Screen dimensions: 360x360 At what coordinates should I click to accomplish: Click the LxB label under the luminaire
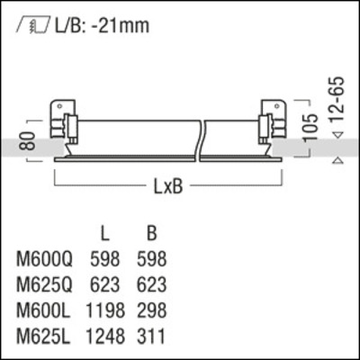[166, 189]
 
